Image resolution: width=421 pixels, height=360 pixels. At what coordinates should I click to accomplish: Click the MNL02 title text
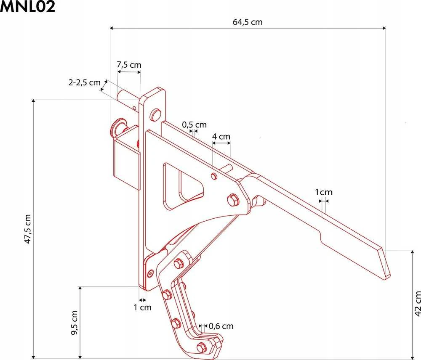[28, 7]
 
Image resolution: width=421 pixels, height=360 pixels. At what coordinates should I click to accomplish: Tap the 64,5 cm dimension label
[248, 22]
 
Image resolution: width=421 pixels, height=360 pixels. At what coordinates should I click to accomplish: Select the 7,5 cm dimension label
[129, 65]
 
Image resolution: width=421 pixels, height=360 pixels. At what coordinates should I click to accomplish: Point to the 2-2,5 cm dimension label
[84, 82]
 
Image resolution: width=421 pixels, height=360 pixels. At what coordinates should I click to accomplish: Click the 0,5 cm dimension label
[195, 125]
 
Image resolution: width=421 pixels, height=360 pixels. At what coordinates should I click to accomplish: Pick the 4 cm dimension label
[221, 137]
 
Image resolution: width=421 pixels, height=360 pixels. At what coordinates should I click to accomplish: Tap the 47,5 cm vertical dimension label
[28, 229]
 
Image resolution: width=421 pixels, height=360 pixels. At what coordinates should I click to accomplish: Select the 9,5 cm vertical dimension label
[75, 323]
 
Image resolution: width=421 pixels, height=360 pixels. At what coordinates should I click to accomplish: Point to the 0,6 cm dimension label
[221, 326]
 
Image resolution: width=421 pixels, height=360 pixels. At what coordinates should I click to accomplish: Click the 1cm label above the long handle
[323, 192]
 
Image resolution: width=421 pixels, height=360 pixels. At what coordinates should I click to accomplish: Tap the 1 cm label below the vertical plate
[143, 307]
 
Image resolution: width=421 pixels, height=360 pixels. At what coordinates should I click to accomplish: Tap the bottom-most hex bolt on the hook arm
[202, 348]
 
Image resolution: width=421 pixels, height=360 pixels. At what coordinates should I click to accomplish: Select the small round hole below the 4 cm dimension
[214, 176]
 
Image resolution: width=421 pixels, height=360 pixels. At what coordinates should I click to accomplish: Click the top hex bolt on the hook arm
[178, 263]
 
